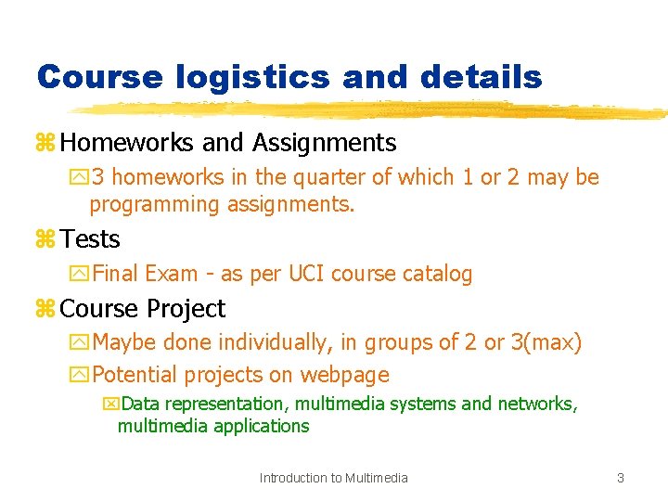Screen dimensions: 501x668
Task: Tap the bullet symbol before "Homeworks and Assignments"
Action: [45, 144]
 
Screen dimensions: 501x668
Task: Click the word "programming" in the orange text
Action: [155, 204]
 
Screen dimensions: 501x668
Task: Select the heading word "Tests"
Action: [90, 239]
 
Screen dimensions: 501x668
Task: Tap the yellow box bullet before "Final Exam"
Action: [79, 275]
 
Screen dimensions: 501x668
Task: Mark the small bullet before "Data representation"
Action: [111, 405]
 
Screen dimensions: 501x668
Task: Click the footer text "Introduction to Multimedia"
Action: [333, 478]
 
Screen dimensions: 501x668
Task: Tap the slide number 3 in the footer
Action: [620, 478]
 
